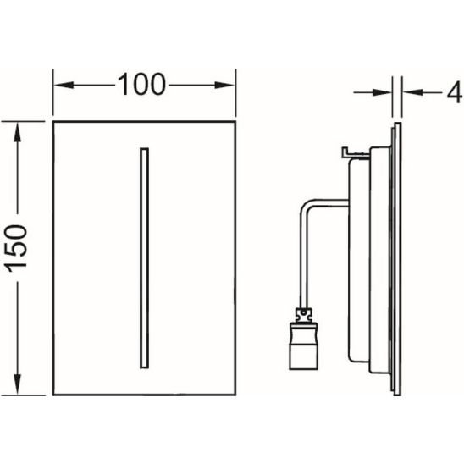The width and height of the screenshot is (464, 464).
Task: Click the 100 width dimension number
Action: pyautogui.click(x=141, y=85)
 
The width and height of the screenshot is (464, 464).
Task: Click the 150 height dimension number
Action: pyautogui.click(x=17, y=248)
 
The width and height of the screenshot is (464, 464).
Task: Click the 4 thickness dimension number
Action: pyautogui.click(x=454, y=92)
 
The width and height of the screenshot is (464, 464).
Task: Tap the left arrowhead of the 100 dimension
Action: pyautogui.click(x=64, y=86)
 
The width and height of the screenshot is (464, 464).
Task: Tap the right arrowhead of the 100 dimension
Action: pyautogui.click(x=224, y=86)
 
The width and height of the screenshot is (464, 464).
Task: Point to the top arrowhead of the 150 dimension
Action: pyautogui.click(x=17, y=133)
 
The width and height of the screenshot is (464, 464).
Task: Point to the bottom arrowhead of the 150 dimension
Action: pyautogui.click(x=17, y=384)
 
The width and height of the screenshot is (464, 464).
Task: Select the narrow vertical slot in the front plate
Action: pyautogui.click(x=144, y=258)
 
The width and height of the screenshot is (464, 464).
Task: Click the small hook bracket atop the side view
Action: pyautogui.click(x=355, y=153)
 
